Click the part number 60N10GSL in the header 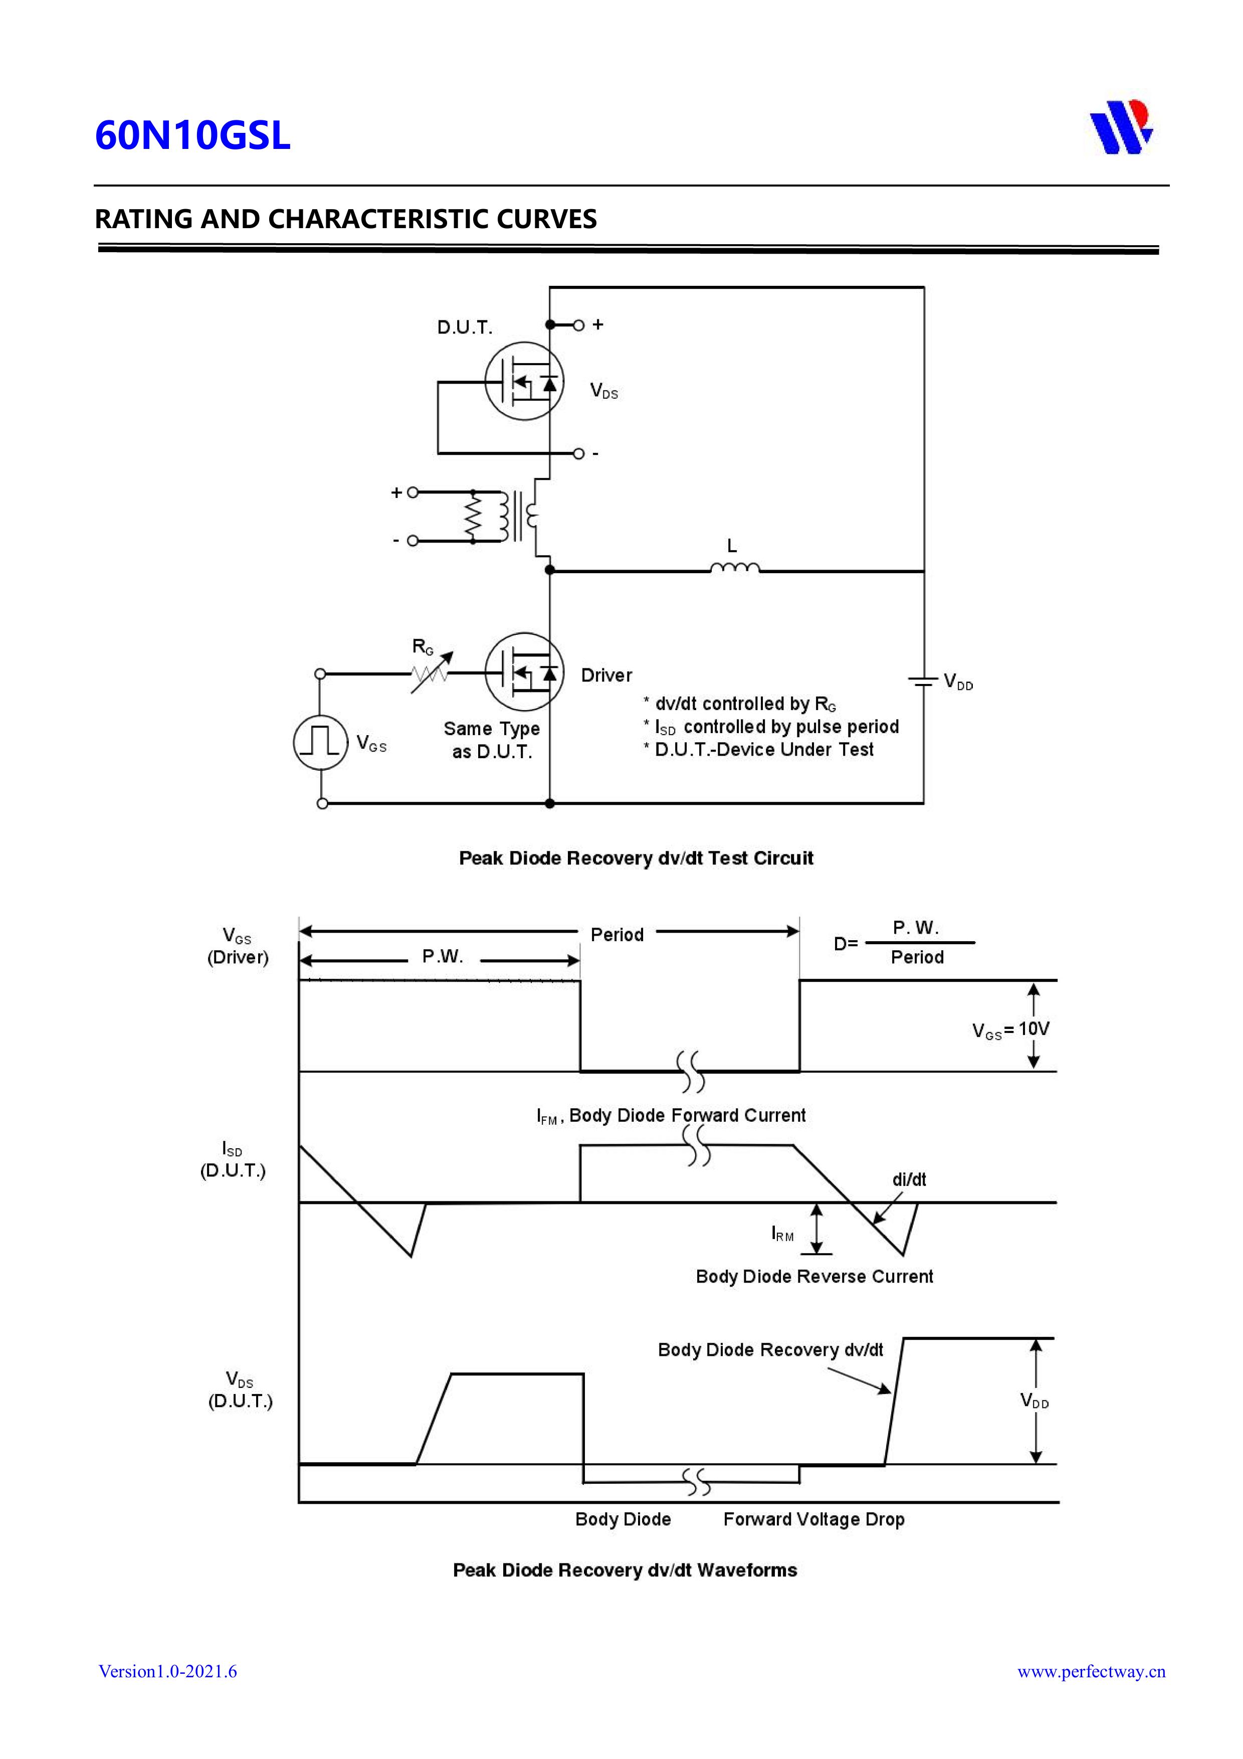pos(192,135)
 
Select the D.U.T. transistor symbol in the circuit pos(525,381)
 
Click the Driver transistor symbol pos(525,672)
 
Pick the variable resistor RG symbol pos(431,672)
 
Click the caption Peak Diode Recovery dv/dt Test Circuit pos(636,858)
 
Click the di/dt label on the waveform pos(909,1179)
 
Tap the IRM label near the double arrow pos(782,1233)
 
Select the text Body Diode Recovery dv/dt pos(770,1349)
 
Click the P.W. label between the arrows pos(443,957)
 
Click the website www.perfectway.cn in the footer pos(1091,1671)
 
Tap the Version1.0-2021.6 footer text pos(168,1671)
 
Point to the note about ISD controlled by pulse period pos(771,726)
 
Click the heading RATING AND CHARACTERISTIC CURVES pos(345,219)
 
